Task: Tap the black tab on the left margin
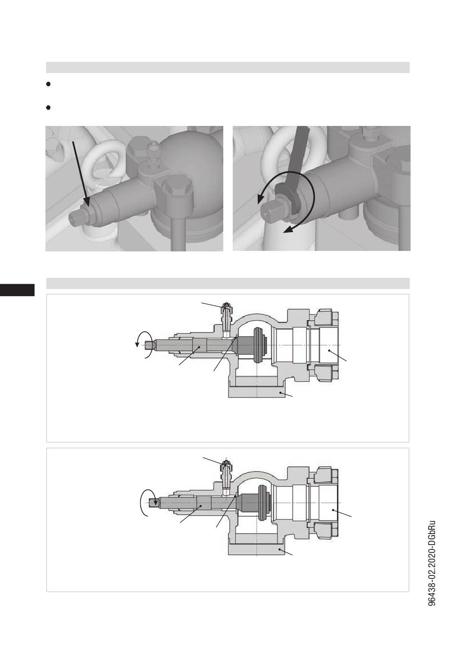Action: [17, 290]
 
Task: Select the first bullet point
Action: [48, 84]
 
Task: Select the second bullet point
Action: [48, 108]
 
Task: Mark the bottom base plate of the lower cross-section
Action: [257, 549]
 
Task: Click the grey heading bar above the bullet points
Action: [228, 67]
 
